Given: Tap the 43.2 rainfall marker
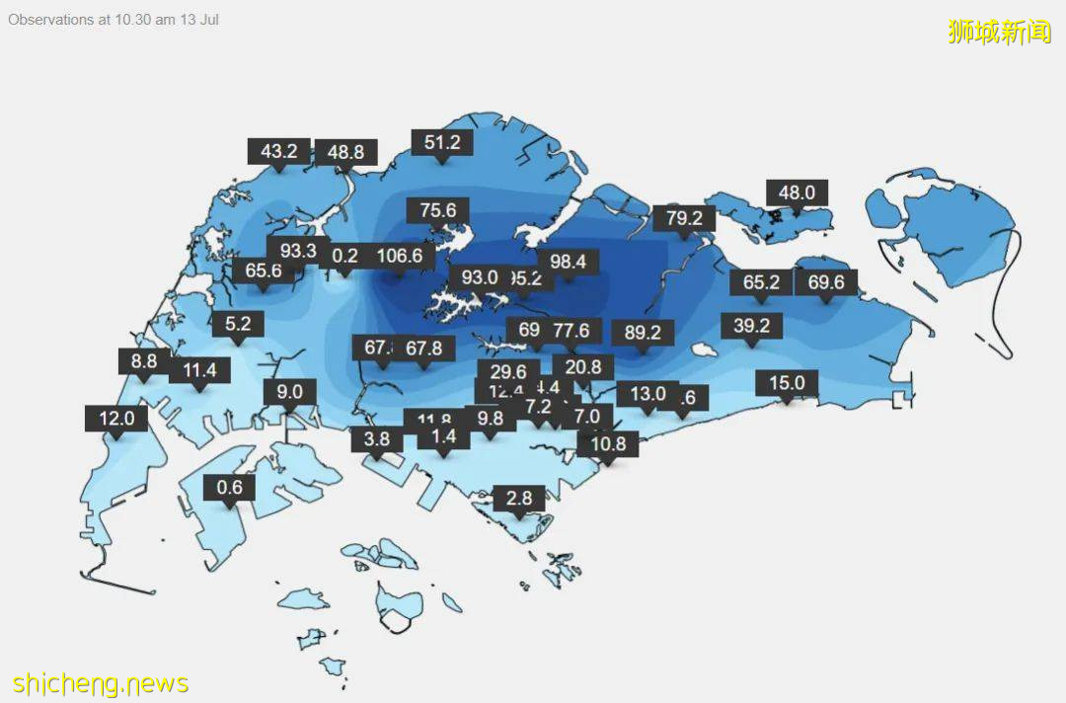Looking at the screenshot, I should (279, 151).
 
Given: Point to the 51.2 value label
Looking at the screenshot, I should (442, 142).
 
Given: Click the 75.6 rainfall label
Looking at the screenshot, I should (437, 210).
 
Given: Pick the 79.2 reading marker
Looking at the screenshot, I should (684, 217).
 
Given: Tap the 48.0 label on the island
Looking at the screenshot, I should (797, 193).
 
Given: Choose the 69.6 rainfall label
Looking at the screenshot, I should (826, 282).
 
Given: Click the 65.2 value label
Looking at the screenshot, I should (761, 282).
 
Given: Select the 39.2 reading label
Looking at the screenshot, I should (751, 325).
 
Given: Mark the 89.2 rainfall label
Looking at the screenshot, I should (643, 332).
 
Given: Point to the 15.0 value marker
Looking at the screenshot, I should (787, 383).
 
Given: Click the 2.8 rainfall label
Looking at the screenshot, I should (519, 498).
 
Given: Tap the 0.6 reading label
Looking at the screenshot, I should (229, 488).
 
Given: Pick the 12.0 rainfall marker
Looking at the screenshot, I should (116, 418).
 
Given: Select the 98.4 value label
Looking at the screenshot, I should (568, 262).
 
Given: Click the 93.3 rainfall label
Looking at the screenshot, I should (297, 251).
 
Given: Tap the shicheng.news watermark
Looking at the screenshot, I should (101, 683).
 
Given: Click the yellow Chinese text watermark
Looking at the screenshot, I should (999, 32).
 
